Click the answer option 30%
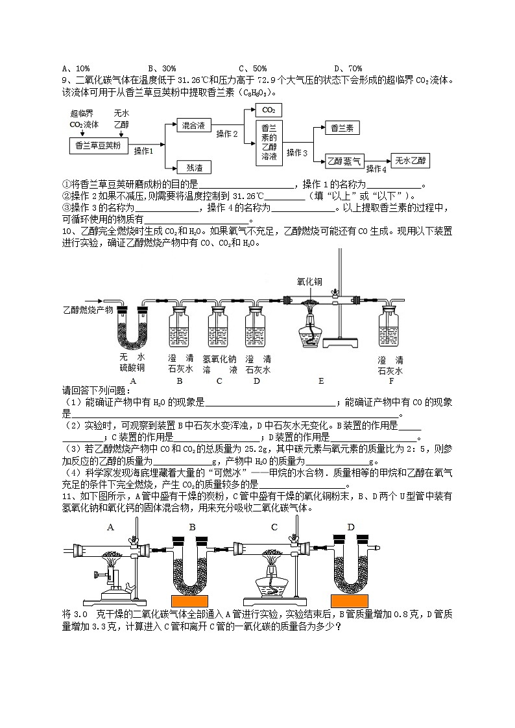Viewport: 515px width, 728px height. pos(162,68)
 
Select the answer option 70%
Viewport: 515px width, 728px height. pos(348,68)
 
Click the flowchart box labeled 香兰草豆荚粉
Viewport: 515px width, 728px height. pos(98,145)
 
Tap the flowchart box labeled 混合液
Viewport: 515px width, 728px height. pos(194,125)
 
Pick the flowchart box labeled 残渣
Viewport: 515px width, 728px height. pos(194,167)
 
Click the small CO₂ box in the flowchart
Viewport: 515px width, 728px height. pos(269,110)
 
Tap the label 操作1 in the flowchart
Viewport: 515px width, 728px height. pos(143,151)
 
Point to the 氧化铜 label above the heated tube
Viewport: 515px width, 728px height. pos(309,282)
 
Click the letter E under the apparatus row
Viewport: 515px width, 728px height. pos(320,381)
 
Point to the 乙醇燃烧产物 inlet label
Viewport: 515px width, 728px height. pos(87,310)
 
